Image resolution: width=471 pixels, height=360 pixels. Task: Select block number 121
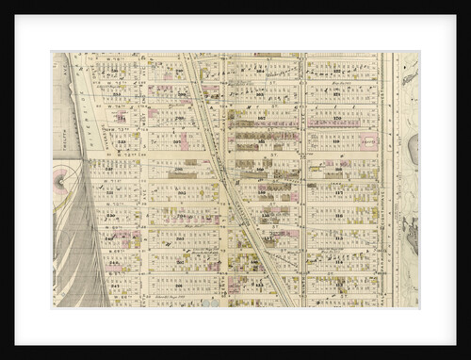click(337, 95)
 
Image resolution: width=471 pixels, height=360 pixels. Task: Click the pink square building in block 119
click(370, 142)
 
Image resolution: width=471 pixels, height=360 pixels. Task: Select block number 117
click(337, 191)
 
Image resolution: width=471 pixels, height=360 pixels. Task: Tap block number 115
click(337, 238)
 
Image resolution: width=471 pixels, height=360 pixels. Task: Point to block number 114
click(337, 262)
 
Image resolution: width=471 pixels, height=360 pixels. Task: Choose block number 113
click(337, 285)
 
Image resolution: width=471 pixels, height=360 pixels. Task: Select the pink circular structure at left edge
click(62, 177)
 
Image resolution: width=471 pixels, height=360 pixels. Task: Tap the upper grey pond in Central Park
click(414, 147)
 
